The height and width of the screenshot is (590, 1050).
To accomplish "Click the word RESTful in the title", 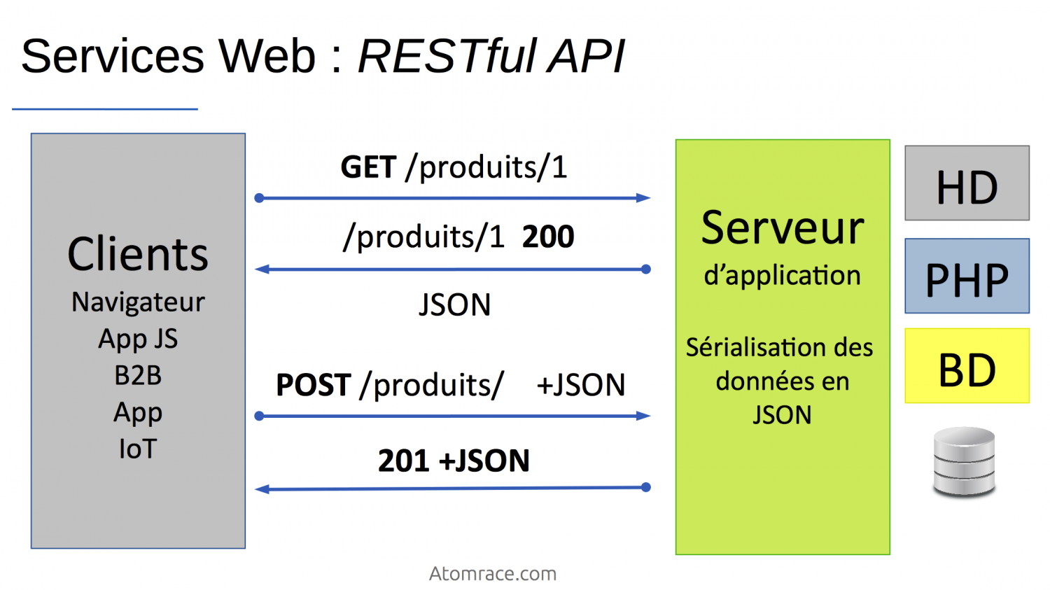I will [447, 56].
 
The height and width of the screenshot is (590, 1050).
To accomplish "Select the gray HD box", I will [967, 183].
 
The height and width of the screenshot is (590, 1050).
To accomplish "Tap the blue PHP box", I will [967, 276].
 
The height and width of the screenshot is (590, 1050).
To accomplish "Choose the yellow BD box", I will [967, 366].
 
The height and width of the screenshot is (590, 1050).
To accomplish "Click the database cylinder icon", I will [964, 462].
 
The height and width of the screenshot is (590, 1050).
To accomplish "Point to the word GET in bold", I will [368, 168].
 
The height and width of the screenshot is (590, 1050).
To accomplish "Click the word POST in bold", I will [313, 386].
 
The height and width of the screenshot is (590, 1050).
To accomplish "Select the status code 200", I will [548, 237].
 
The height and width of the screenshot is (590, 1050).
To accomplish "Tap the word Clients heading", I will [138, 254].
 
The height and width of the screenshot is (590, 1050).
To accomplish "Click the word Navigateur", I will [138, 302].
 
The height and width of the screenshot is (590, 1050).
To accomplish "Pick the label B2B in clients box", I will [138, 376].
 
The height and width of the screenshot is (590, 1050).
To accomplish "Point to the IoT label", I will [138, 449].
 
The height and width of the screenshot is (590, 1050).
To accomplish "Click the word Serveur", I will [783, 228].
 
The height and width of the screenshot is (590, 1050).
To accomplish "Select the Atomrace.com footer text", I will [493, 574].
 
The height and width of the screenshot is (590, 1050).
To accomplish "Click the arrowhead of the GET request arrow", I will [643, 198].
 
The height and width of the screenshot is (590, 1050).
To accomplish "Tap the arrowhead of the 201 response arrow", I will [262, 489].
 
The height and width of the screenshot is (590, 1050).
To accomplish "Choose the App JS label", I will [138, 339].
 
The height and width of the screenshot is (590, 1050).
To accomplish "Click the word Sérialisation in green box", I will [745, 348].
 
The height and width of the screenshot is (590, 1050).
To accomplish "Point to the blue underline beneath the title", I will [105, 109].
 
